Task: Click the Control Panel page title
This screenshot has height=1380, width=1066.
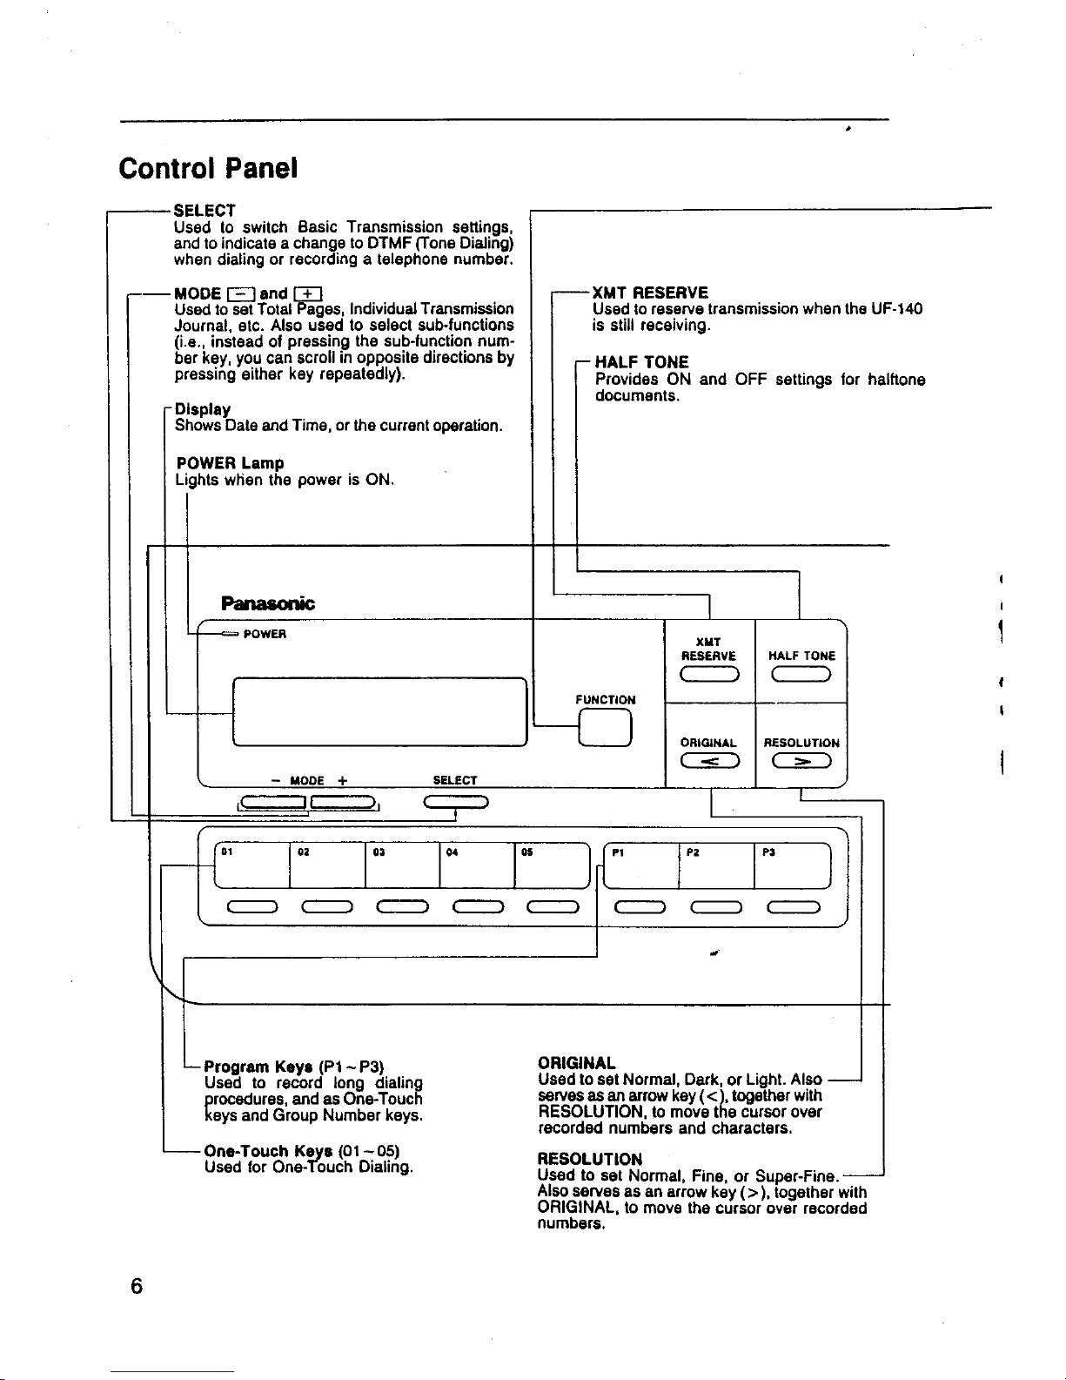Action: [x=207, y=168]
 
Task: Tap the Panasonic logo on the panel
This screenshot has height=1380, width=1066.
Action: [x=267, y=603]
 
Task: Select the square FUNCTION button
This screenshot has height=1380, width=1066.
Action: [x=605, y=727]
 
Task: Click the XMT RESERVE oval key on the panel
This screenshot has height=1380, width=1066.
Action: [x=709, y=674]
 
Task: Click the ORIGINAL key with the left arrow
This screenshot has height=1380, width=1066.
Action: [x=709, y=760]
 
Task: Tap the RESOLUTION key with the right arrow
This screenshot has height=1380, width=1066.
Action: [x=801, y=760]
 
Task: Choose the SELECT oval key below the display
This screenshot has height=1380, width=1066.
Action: [x=456, y=802]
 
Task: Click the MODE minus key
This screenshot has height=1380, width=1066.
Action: [x=273, y=803]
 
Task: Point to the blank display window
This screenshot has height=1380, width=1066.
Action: [x=380, y=712]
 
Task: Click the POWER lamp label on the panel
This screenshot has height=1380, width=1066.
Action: [x=265, y=634]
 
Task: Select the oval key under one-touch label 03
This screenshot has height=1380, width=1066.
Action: [x=402, y=907]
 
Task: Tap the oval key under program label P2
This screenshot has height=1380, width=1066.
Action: [x=716, y=907]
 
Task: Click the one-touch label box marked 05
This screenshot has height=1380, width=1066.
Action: [x=552, y=865]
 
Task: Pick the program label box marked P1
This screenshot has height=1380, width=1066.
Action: [x=640, y=865]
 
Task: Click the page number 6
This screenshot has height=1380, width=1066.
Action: [x=137, y=1287]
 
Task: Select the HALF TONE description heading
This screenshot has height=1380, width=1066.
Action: [x=641, y=362]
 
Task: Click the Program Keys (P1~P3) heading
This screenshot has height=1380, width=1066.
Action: [x=294, y=1067]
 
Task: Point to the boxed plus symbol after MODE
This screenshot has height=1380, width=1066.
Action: [x=308, y=293]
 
